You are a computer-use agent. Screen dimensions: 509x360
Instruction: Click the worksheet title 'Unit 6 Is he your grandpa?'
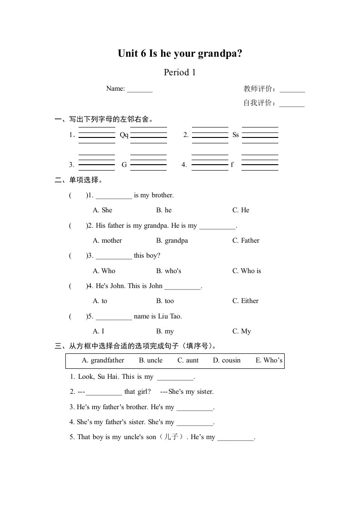click(x=180, y=54)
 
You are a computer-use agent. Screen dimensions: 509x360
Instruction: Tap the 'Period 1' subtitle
click(x=180, y=72)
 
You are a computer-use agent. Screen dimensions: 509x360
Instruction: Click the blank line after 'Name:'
click(x=140, y=90)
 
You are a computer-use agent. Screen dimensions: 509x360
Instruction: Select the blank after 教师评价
click(x=292, y=90)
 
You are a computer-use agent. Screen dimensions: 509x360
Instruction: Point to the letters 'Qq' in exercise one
click(x=124, y=135)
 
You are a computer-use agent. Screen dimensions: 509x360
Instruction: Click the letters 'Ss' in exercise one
click(x=236, y=135)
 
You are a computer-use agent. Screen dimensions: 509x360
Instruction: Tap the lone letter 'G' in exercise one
click(x=124, y=165)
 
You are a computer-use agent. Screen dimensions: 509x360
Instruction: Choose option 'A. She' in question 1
click(x=102, y=210)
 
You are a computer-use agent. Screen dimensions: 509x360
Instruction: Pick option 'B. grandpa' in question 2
click(x=172, y=240)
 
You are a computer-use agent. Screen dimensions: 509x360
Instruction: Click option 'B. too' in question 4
click(x=165, y=301)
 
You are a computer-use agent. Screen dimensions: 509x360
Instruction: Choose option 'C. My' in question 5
click(x=242, y=331)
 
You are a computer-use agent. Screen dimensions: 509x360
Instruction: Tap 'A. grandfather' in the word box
click(x=103, y=361)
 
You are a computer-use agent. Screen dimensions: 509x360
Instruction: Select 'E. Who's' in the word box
click(x=269, y=361)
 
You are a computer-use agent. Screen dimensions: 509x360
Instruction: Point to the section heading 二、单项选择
click(x=79, y=180)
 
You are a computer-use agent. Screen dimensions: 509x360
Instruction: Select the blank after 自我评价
click(x=292, y=104)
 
